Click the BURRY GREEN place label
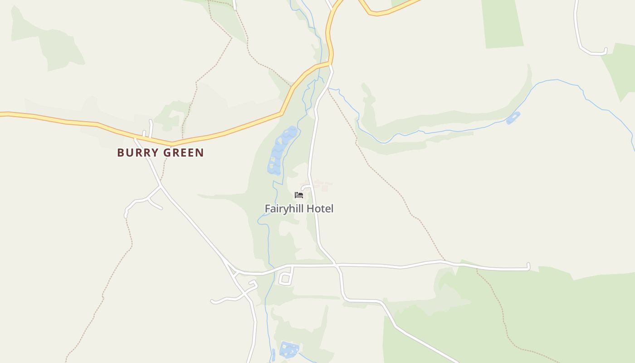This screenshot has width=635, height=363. [161, 152]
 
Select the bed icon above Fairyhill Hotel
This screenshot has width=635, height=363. [298, 195]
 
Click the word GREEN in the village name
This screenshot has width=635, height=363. [183, 152]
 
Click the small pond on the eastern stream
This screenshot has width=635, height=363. [513, 118]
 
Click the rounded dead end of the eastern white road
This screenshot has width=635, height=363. [528, 266]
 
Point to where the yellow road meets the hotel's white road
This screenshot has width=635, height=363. [330, 64]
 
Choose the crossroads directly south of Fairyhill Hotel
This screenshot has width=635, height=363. [336, 264]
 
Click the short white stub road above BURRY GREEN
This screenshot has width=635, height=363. [151, 128]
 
